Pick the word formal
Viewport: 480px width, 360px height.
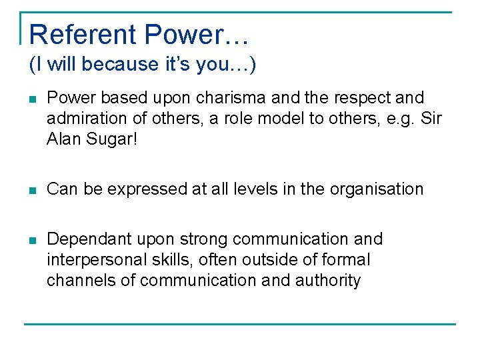click(x=343, y=260)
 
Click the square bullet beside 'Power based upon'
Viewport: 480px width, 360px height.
click(x=32, y=99)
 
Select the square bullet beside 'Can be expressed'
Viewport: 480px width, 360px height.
click(x=32, y=190)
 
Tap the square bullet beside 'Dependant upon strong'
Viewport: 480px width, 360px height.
click(x=32, y=240)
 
